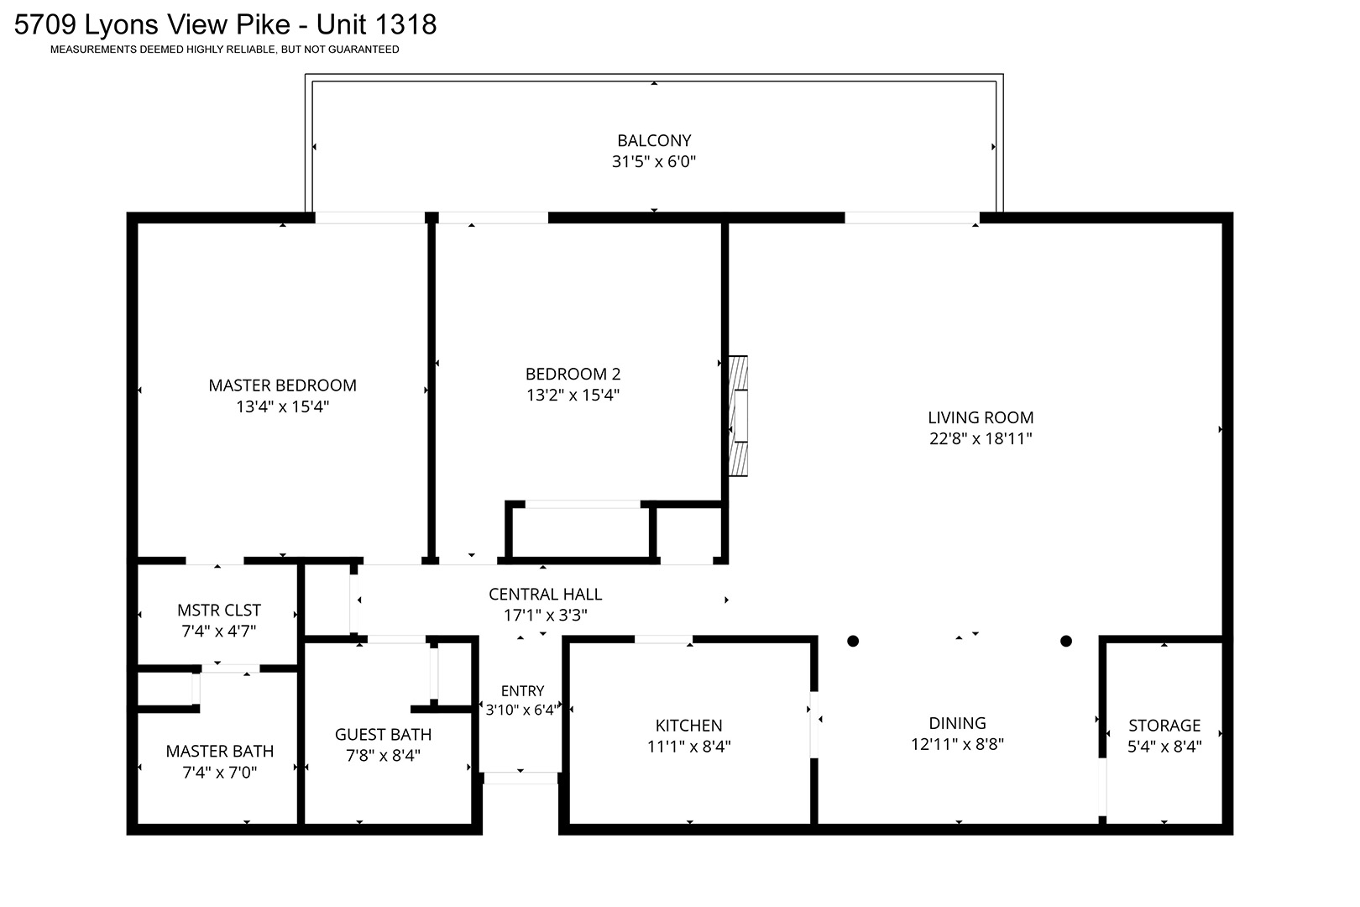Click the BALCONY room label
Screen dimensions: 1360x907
(654, 140)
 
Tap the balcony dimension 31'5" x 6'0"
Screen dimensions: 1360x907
(654, 161)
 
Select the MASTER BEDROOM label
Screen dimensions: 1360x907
(282, 385)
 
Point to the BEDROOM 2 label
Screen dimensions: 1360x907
(573, 374)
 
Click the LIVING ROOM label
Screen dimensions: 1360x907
(981, 417)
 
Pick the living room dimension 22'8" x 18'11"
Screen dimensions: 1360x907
(981, 438)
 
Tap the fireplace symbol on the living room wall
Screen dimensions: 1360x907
(738, 416)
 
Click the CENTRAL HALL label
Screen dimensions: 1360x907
(545, 594)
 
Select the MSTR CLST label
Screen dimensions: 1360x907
(219, 610)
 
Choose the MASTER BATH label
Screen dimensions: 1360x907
(220, 752)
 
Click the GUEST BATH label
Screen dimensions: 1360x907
(383, 735)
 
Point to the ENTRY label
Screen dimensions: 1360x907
(522, 690)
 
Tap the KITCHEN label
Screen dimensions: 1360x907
(688, 726)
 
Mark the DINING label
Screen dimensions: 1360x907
(958, 723)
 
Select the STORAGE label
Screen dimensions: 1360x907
(1164, 726)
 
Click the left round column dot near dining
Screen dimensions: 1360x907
(853, 641)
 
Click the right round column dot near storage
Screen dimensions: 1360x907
(1066, 641)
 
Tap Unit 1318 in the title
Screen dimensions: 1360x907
(376, 25)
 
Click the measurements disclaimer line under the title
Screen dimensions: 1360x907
(225, 50)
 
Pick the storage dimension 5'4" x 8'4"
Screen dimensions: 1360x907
(1164, 747)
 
